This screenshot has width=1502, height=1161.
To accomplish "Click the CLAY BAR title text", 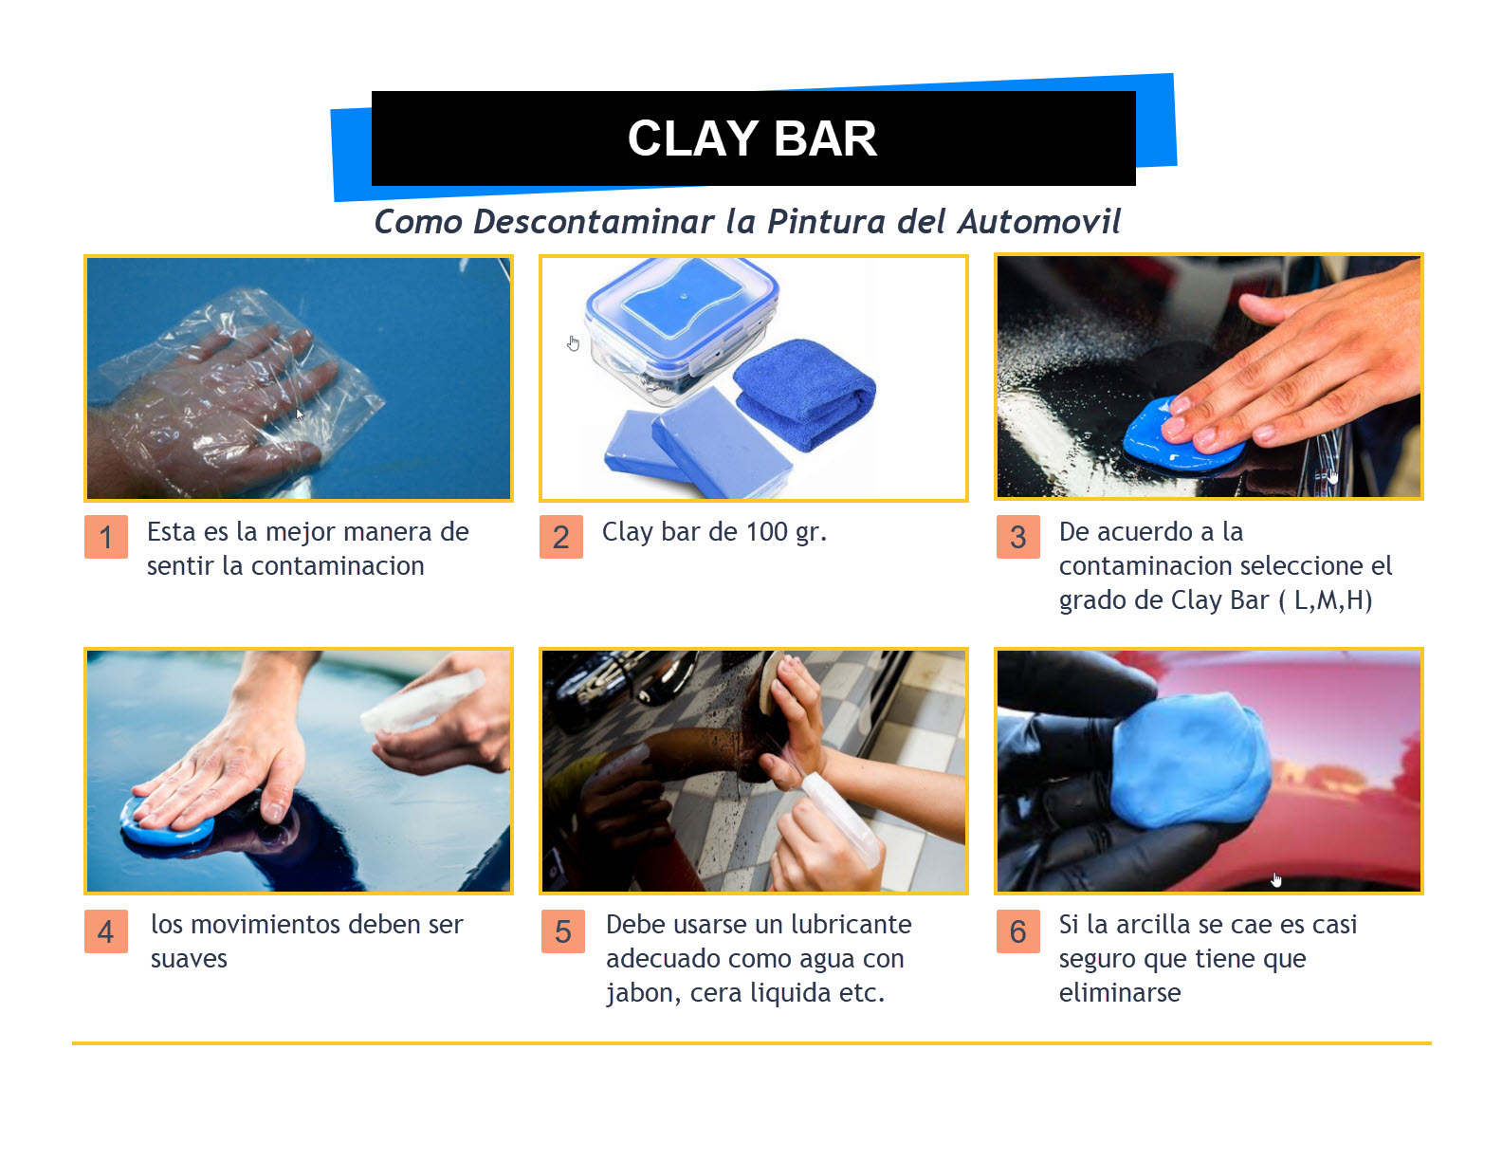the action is click(751, 138).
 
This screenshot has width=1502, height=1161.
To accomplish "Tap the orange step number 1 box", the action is click(106, 536).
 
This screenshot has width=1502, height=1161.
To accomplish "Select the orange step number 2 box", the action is click(560, 536).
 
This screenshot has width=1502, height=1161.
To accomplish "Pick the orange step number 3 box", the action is click(1017, 536).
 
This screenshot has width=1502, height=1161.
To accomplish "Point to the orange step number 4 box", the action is click(106, 931).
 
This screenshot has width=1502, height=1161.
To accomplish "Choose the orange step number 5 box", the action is click(562, 931).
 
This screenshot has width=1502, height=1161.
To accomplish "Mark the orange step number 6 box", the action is click(1017, 931).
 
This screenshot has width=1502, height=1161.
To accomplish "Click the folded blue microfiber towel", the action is click(804, 395).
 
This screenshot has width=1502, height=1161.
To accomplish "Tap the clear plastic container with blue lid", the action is click(681, 328).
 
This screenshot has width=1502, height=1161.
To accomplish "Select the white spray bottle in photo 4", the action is click(422, 702).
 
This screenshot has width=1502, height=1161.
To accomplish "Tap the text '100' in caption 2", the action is click(766, 532).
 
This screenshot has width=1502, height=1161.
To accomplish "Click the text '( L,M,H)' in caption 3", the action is click(1325, 600).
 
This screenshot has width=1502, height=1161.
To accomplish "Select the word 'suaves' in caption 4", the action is click(189, 959).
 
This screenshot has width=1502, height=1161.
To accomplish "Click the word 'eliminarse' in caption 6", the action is click(1120, 992).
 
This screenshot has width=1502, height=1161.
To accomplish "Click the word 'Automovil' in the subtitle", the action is click(1039, 222).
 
